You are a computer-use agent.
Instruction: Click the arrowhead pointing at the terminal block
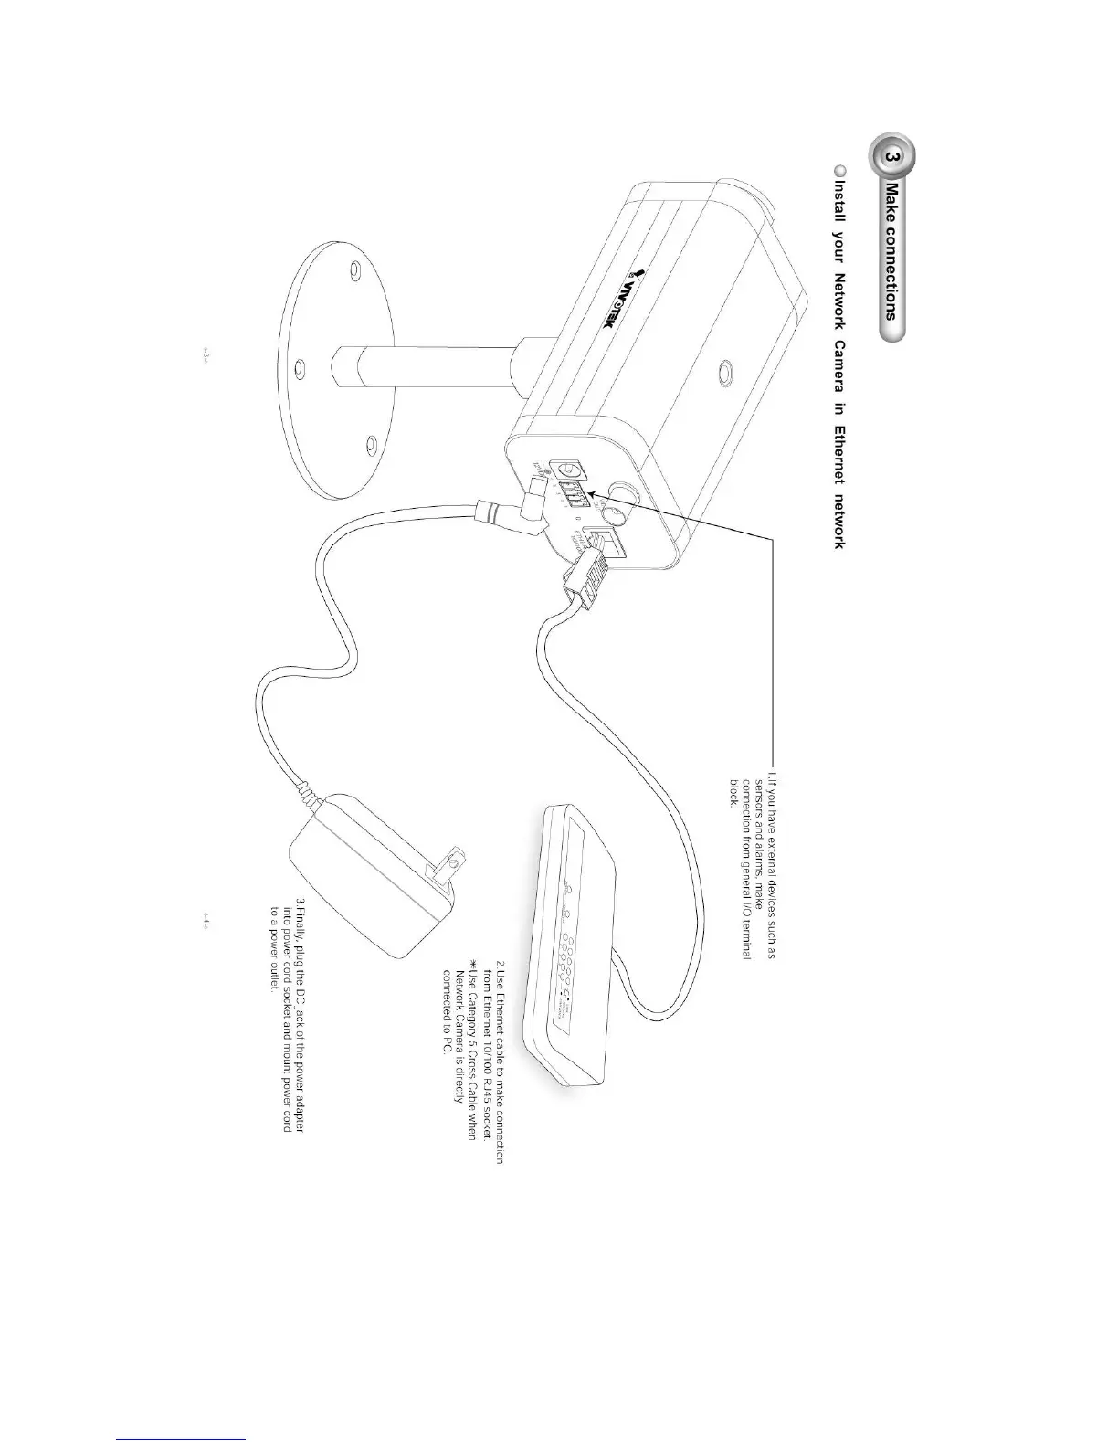(593, 494)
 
